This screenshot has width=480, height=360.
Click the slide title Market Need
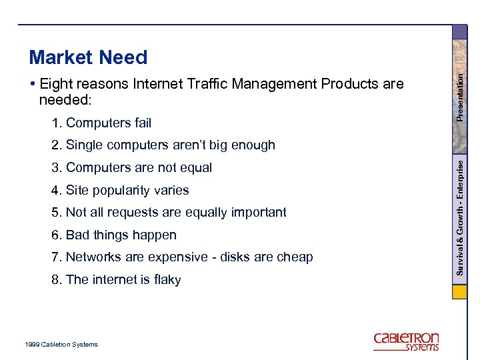[88, 58]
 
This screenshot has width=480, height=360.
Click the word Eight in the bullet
[57, 84]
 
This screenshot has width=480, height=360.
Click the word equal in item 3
[196, 168]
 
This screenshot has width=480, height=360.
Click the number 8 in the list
[55, 280]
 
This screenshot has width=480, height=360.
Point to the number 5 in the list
[55, 213]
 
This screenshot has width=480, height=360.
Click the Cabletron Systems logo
[406, 341]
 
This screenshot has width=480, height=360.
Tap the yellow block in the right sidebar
[460, 293]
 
